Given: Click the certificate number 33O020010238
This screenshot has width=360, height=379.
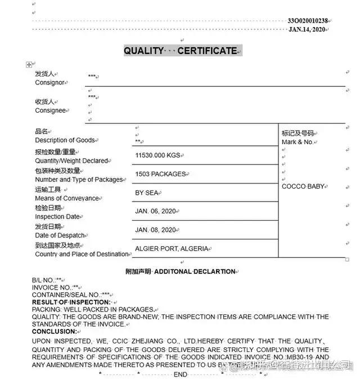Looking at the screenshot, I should click(x=307, y=21).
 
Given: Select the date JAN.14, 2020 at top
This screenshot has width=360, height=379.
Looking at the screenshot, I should click(x=307, y=29).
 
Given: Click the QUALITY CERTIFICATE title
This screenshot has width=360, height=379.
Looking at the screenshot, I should click(x=181, y=51).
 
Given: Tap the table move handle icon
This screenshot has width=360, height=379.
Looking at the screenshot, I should click(x=29, y=65).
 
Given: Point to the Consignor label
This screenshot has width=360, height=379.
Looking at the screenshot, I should click(x=50, y=83).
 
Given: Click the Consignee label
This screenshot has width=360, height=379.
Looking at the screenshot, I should click(x=51, y=110).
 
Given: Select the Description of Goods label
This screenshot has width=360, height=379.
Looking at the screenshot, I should click(x=65, y=140).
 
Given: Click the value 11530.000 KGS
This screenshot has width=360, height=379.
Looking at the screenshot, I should click(x=159, y=155).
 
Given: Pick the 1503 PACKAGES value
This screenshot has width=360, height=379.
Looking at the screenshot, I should click(x=161, y=174).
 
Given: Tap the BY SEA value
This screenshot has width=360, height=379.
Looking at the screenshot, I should click(x=147, y=193).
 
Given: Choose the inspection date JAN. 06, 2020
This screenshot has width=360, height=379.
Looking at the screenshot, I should click(x=156, y=211).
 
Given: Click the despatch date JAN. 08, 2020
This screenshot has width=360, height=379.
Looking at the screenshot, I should click(x=156, y=230).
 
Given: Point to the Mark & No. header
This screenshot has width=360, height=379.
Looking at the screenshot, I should click(x=298, y=142).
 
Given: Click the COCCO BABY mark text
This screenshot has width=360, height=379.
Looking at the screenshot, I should click(x=303, y=186).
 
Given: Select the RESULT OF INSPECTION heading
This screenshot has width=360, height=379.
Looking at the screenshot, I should click(x=71, y=302).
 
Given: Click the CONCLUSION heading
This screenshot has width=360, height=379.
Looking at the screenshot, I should click(x=54, y=332).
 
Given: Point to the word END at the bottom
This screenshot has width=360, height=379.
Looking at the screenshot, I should click(x=180, y=374).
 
